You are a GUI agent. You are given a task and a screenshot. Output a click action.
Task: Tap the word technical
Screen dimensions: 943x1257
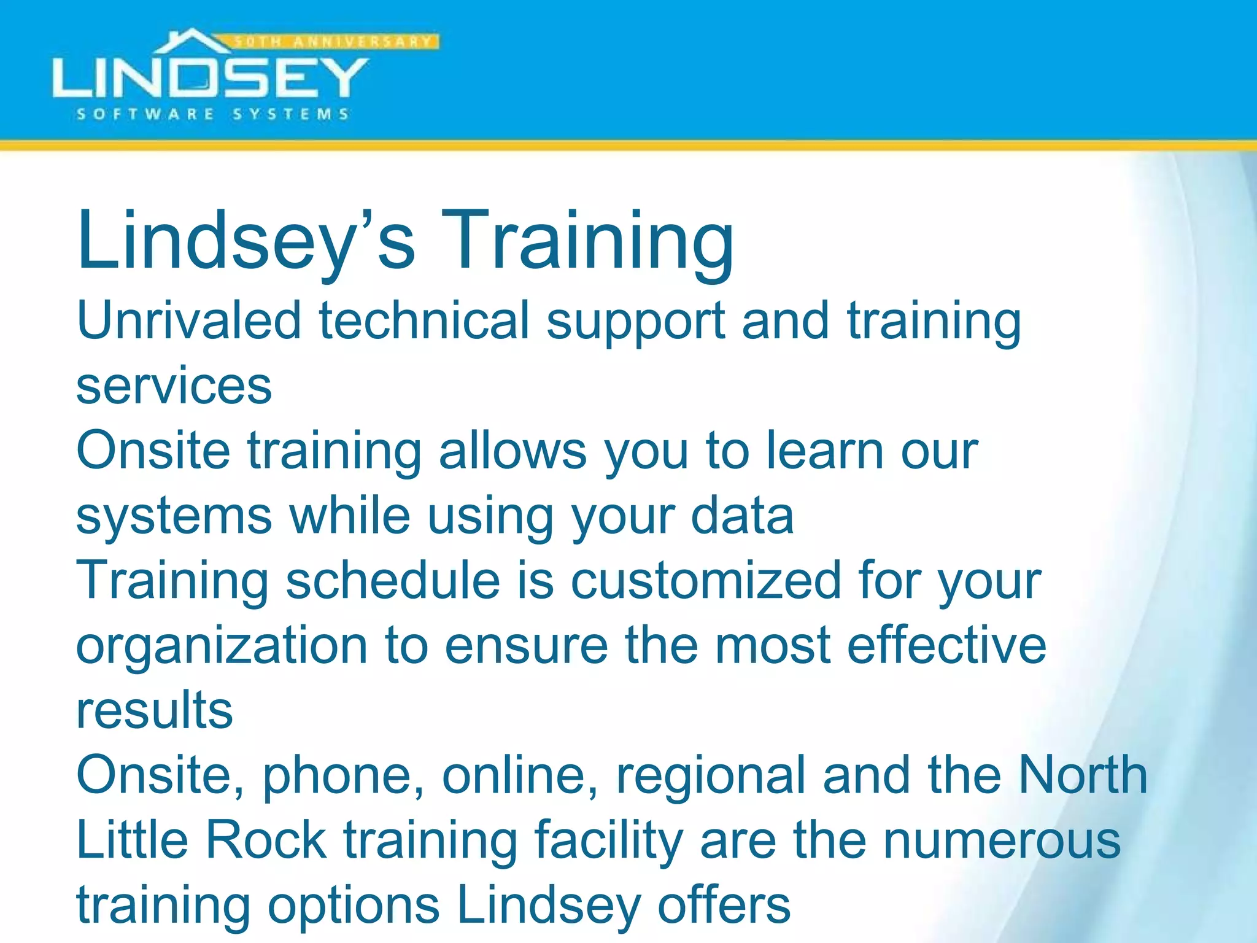[x=424, y=320]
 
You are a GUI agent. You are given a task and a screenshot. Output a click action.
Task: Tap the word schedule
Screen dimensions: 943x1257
[x=393, y=581]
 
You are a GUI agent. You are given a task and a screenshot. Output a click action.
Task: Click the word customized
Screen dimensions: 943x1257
[x=706, y=581]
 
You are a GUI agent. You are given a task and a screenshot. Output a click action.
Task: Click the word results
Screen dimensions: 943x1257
[x=155, y=711]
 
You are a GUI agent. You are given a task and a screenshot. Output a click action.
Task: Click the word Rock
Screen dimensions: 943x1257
[x=265, y=841]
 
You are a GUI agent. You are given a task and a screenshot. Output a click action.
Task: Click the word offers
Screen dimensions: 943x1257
[x=724, y=906]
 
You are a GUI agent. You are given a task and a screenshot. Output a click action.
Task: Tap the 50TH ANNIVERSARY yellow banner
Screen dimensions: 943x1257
[x=335, y=42]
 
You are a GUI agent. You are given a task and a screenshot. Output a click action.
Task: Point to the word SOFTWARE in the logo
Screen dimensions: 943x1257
[x=145, y=114]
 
